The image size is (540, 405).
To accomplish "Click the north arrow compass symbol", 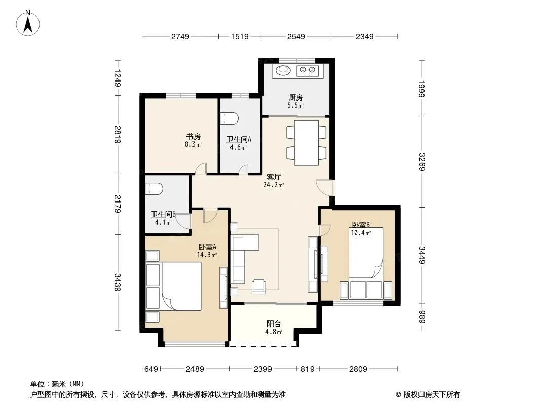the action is pos(28,23).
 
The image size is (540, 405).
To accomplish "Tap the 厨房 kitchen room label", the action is pos(295,97).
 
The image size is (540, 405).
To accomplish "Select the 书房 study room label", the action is pos(193,137).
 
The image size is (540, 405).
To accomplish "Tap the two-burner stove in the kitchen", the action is pos(307,70).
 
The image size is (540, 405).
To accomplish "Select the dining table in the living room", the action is pos(306,142).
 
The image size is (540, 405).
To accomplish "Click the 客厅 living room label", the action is pos(274,177).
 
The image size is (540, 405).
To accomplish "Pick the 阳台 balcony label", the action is pos(274,324).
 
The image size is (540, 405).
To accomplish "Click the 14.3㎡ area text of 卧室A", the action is pos(207,255).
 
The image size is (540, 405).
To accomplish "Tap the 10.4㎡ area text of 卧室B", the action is pos(361,233).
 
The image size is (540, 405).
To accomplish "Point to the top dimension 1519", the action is pos(240,36).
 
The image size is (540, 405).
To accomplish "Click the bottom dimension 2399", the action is pos(263,369).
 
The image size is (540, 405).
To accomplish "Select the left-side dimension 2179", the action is pos(118,204).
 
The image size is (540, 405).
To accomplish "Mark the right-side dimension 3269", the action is pos(422,161).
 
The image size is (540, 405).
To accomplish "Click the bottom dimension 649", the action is pos(151,369).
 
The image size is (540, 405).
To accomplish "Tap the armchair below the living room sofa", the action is pos(259,287).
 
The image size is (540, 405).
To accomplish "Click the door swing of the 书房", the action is pos(201,168).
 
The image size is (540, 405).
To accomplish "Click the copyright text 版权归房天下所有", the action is pos(431,395).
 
